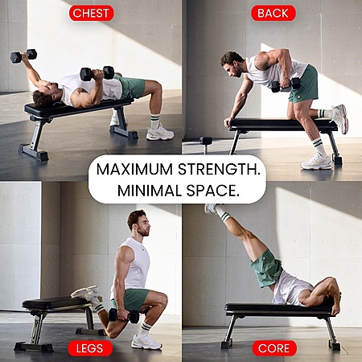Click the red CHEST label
(x=92, y=13)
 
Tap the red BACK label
(x=274, y=13)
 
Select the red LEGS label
(x=90, y=348)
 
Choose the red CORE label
(x=274, y=348)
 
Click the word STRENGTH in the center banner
(x=219, y=170)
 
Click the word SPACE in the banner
(x=212, y=191)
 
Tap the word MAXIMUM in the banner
(x=134, y=170)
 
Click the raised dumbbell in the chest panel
(x=23, y=56)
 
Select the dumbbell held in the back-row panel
(x=286, y=84)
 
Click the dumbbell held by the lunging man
(x=124, y=315)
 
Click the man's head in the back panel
(x=232, y=64)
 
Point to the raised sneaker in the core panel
(x=211, y=208)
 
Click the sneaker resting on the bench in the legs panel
(x=86, y=293)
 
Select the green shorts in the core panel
(x=266, y=268)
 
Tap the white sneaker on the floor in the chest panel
(x=160, y=133)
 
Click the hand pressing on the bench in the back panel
(x=228, y=121)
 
